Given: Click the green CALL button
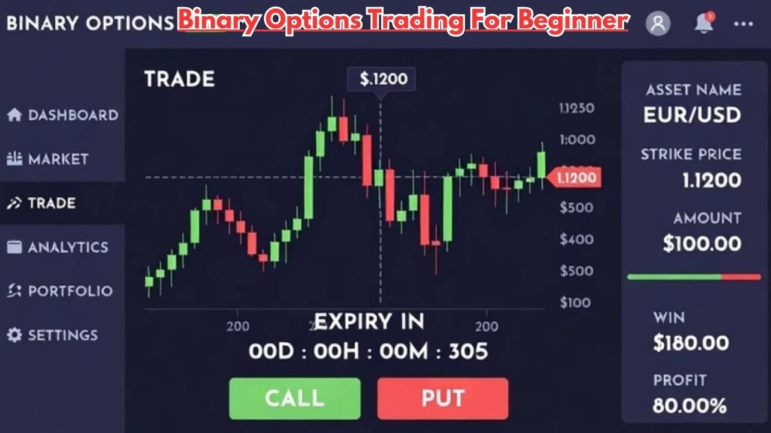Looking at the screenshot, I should [295, 398].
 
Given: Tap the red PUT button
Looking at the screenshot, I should [443, 398].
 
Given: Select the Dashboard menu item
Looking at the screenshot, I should [63, 115].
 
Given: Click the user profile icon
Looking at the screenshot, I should [658, 23].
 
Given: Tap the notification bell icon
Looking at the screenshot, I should [704, 23].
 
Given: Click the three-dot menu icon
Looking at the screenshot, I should [743, 24].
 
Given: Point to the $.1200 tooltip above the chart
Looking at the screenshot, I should [383, 79].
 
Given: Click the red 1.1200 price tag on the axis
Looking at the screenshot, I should [576, 177].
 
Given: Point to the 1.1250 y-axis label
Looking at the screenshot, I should [576, 108].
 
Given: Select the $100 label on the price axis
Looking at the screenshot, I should [575, 302].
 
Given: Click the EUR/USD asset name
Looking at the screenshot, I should [692, 114].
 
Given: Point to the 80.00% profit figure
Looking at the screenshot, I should [690, 406].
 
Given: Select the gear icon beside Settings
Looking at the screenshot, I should [14, 335].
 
